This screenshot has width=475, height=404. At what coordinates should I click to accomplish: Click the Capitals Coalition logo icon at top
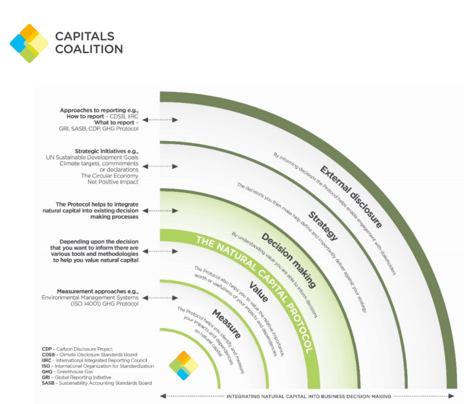(x=29, y=43)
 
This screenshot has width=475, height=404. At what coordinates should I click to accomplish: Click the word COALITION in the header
(x=89, y=49)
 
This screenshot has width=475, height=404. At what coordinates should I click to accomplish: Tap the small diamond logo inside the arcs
(x=183, y=366)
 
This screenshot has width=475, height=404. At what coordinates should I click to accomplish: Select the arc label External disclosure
(x=351, y=197)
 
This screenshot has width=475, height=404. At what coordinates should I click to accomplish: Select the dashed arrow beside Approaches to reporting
(x=160, y=120)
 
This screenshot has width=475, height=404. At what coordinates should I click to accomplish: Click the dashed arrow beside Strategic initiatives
(x=160, y=166)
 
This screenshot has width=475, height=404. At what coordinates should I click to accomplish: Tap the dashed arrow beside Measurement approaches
(x=160, y=298)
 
